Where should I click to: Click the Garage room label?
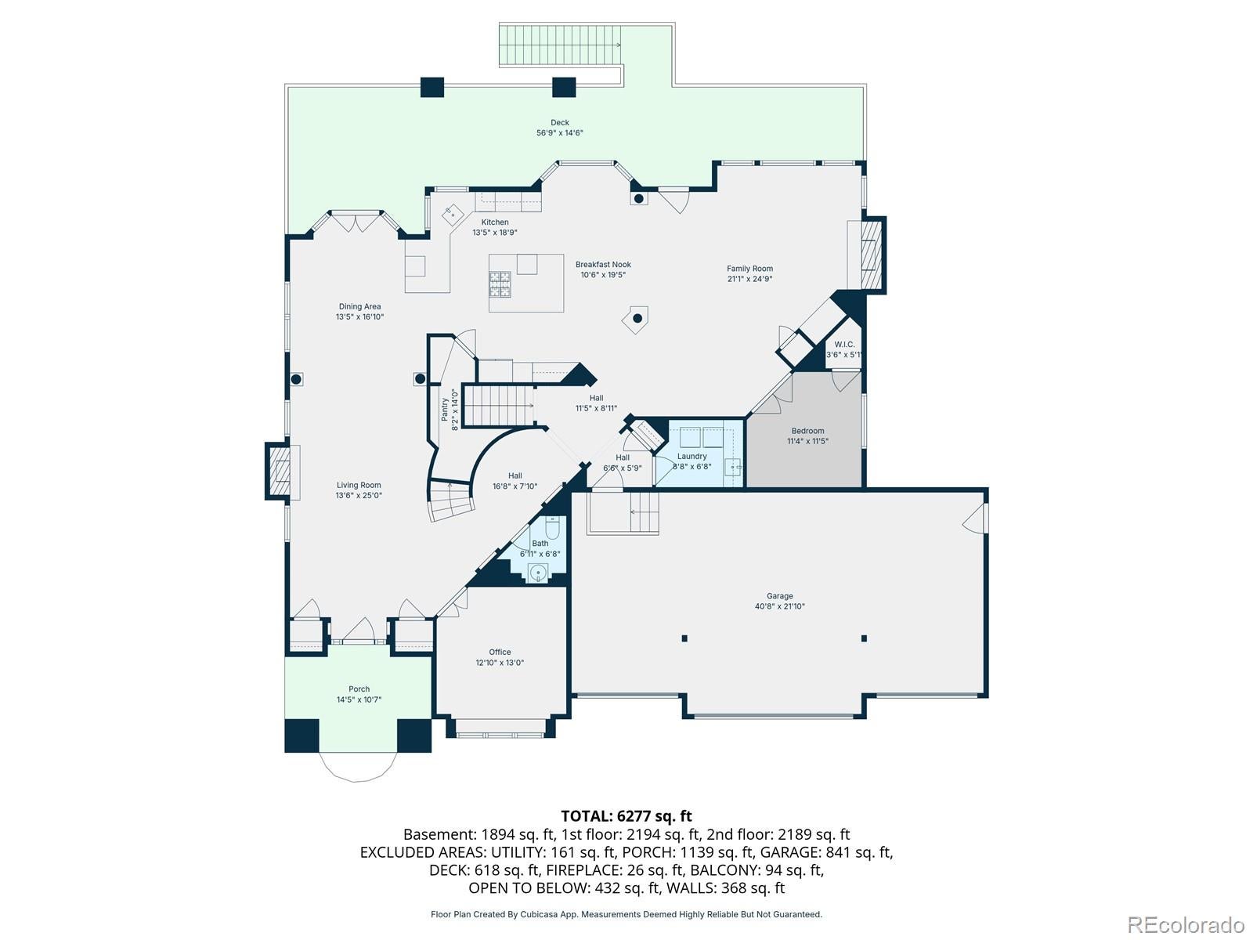[x=779, y=596]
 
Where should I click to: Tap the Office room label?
[x=500, y=652]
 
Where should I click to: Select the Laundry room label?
[x=691, y=456]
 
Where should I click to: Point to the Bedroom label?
[x=807, y=431]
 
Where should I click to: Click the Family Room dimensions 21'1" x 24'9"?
[x=749, y=279]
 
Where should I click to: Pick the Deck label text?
[x=559, y=122]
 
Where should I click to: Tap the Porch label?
[x=359, y=689]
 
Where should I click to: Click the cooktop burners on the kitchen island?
[x=500, y=284]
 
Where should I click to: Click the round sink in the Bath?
[x=538, y=573]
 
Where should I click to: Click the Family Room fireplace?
[x=871, y=255]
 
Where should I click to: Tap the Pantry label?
[x=444, y=410]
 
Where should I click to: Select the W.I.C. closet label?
[x=844, y=344]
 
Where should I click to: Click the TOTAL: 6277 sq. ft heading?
[x=626, y=816]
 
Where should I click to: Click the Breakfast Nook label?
[x=603, y=264]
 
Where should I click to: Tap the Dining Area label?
[x=359, y=306]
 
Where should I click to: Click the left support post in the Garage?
[x=684, y=638]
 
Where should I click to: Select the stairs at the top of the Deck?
[x=560, y=45]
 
